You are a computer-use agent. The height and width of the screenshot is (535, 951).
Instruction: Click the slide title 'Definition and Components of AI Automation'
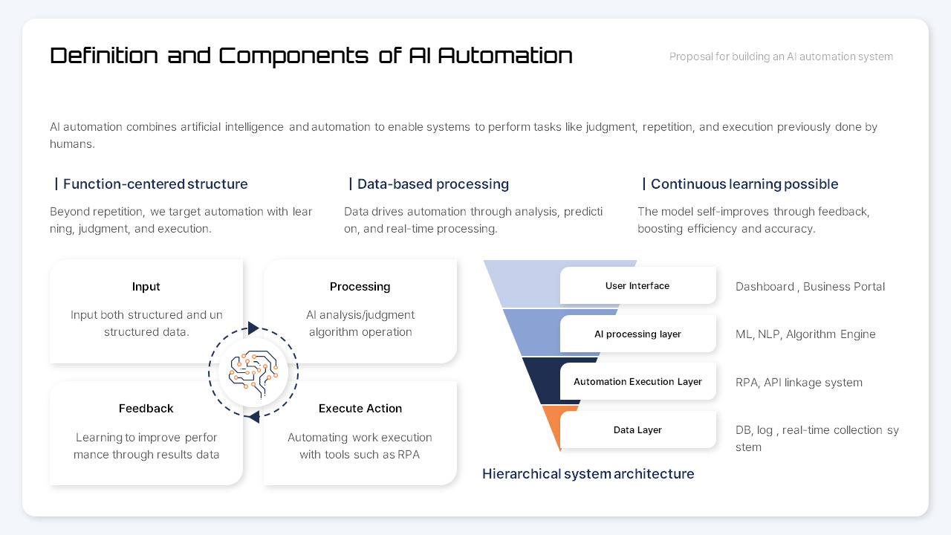(x=311, y=56)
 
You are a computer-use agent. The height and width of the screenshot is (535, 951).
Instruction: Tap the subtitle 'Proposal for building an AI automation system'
(x=781, y=56)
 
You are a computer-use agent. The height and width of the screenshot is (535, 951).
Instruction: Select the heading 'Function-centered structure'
(x=155, y=184)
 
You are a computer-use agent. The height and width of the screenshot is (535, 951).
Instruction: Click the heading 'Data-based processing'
(x=432, y=184)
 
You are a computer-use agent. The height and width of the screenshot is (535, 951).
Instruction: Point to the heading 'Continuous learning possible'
(x=744, y=184)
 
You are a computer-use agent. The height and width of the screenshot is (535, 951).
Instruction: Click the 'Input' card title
(x=146, y=287)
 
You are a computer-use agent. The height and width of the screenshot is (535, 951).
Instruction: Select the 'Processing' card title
(x=360, y=287)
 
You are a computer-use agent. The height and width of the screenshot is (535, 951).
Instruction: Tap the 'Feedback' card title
(x=146, y=409)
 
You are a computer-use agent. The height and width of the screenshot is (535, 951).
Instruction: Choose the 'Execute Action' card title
(x=360, y=409)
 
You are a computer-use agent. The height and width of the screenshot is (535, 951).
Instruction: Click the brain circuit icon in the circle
(x=253, y=372)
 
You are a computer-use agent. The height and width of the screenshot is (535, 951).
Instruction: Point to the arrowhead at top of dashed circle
(x=253, y=328)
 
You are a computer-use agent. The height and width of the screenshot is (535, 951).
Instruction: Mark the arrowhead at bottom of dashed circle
(x=253, y=416)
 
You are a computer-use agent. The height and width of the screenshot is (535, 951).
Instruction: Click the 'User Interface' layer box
(x=637, y=286)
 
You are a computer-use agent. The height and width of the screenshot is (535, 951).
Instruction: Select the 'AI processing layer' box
(x=637, y=334)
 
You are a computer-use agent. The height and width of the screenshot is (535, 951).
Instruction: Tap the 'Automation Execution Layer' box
(x=637, y=382)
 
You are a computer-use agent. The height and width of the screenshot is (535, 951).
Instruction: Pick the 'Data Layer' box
(x=637, y=430)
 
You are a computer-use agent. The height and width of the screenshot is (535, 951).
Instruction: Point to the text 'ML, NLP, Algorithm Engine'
(x=805, y=334)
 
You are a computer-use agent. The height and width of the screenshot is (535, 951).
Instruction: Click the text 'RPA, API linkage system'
(x=799, y=383)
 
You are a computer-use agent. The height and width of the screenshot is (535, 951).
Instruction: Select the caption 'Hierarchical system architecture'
(x=588, y=474)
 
